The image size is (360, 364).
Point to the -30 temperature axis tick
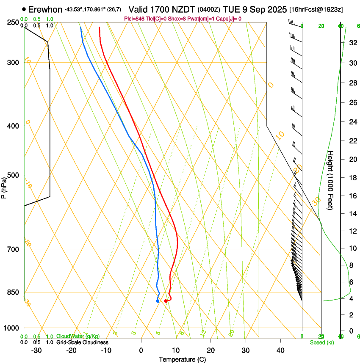36,350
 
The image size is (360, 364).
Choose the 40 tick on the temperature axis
280,350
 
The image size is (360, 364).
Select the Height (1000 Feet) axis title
331,180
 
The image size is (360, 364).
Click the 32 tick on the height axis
352,43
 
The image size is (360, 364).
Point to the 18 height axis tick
352,178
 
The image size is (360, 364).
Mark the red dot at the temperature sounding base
166,301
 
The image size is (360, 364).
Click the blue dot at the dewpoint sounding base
158,301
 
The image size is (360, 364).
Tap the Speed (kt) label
321,342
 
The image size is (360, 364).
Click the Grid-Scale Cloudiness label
82,342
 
